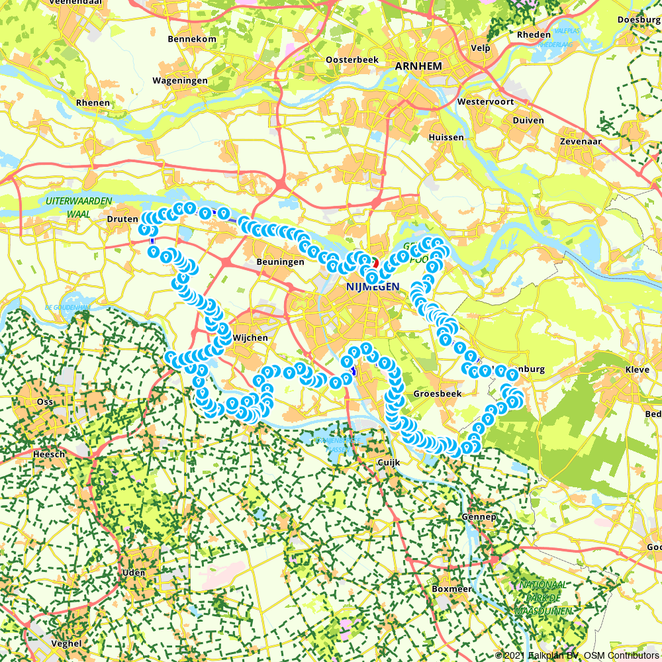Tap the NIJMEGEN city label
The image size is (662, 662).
pyautogui.click(x=373, y=287)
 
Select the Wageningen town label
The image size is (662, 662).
pyautogui.click(x=180, y=81)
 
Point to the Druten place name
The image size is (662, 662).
pyautogui.click(x=122, y=219)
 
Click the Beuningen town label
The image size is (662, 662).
pyautogui.click(x=280, y=262)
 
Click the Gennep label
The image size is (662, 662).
pyautogui.click(x=480, y=516)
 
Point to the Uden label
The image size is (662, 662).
pyautogui.click(x=134, y=573)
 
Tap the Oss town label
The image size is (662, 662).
pyautogui.click(x=45, y=402)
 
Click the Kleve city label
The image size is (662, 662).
pyautogui.click(x=639, y=369)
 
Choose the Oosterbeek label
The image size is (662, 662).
pyautogui.click(x=352, y=60)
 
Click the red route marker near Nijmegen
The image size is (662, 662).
pyautogui.click(x=374, y=262)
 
